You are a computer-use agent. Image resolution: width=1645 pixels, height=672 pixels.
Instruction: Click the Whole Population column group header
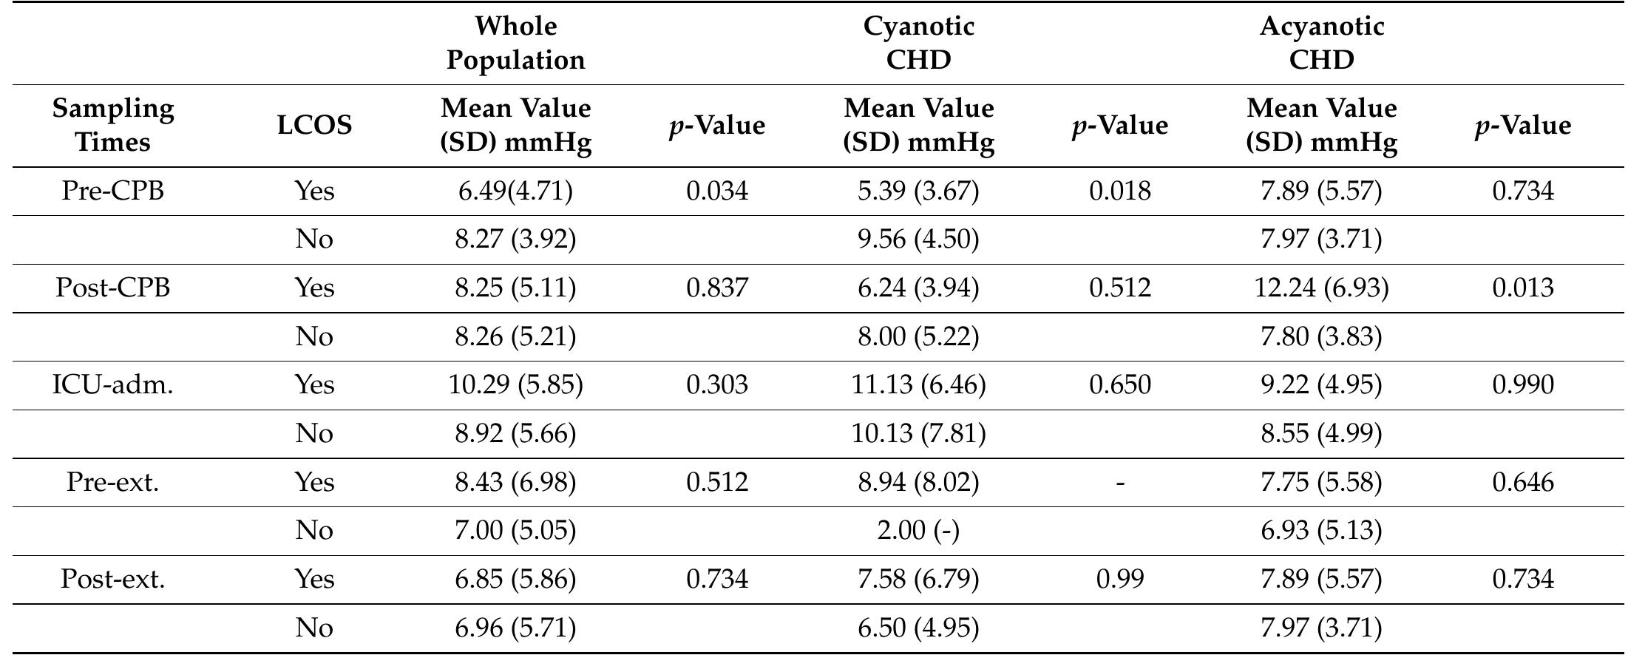pyautogui.click(x=515, y=43)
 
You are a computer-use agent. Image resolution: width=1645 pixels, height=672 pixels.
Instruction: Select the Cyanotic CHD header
pyautogui.click(x=918, y=43)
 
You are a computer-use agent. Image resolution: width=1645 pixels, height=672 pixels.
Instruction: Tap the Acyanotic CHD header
pyautogui.click(x=1321, y=43)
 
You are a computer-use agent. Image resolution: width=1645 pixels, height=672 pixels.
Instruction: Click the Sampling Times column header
pyautogui.click(x=113, y=125)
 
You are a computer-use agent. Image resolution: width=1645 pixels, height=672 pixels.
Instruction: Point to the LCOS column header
pyautogui.click(x=314, y=125)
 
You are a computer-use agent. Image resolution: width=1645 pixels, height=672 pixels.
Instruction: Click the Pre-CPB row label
pyautogui.click(x=113, y=191)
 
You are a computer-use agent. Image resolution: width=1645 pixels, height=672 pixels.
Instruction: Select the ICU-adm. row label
pyautogui.click(x=113, y=384)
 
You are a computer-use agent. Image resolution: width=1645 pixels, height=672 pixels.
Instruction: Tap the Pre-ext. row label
pyautogui.click(x=113, y=482)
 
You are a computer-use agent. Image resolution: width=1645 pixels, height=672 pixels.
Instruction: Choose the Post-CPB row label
pyautogui.click(x=113, y=288)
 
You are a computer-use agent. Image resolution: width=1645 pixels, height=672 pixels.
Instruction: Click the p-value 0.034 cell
pyautogui.click(x=716, y=191)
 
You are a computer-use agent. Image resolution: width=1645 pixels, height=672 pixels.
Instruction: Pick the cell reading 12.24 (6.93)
pyautogui.click(x=1321, y=288)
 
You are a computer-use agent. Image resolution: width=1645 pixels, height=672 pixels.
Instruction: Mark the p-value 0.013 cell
pyautogui.click(x=1522, y=288)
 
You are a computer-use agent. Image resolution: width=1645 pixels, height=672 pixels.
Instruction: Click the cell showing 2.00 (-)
pyautogui.click(x=918, y=531)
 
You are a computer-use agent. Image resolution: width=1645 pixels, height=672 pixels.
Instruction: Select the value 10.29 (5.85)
pyautogui.click(x=515, y=384)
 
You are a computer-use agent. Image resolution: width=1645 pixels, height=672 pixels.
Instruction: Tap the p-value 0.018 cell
pyautogui.click(x=1119, y=191)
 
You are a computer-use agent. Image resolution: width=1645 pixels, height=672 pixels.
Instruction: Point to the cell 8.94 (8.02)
pyautogui.click(x=918, y=482)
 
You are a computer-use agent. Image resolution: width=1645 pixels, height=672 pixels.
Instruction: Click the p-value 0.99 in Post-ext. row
pyautogui.click(x=1119, y=579)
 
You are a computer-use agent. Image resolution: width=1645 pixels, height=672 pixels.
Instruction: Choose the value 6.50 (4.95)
pyautogui.click(x=918, y=628)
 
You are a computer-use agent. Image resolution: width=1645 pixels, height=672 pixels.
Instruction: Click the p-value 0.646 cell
pyautogui.click(x=1522, y=482)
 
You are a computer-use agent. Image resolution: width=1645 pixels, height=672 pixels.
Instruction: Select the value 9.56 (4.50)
pyautogui.click(x=918, y=239)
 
